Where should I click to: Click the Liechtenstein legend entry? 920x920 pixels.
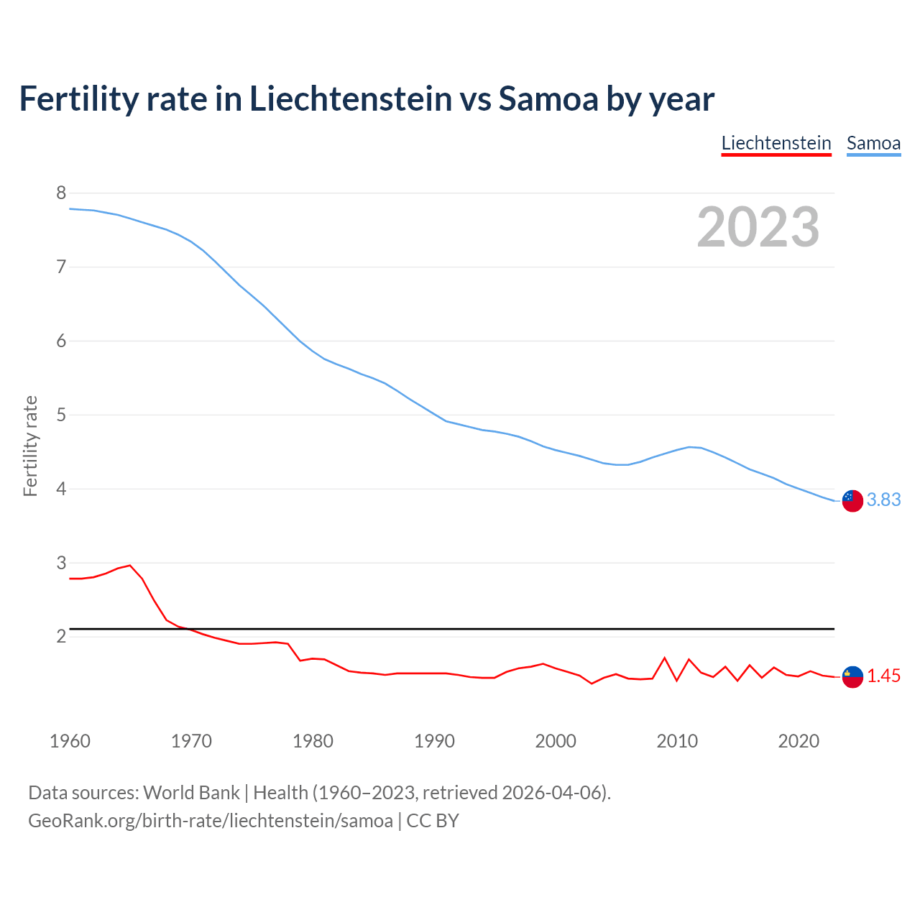click(x=776, y=143)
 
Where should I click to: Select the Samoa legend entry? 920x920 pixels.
click(x=873, y=143)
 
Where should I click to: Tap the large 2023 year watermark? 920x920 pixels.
click(x=758, y=227)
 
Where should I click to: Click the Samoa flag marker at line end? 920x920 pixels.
click(x=852, y=501)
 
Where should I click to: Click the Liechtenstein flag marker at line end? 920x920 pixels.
click(x=852, y=676)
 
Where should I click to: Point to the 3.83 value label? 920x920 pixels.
click(x=883, y=500)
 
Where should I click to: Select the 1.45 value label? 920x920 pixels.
click(x=883, y=676)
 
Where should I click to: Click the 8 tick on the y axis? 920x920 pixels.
click(x=61, y=193)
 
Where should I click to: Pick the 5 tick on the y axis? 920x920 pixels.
click(x=61, y=415)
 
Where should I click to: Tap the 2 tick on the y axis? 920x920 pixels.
click(x=61, y=636)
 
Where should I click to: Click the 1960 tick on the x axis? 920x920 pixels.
click(x=70, y=741)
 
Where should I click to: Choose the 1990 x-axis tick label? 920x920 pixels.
click(x=434, y=741)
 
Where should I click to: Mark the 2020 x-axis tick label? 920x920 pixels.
click(x=798, y=741)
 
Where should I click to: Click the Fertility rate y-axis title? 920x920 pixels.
click(x=30, y=446)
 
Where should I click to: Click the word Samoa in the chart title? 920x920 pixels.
click(x=548, y=98)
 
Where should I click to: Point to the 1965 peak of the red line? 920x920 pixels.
click(x=130, y=565)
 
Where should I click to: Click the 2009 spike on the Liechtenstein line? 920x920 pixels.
click(x=665, y=658)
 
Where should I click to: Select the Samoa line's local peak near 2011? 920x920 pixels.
click(x=689, y=447)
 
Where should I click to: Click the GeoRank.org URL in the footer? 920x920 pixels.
click(x=210, y=820)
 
